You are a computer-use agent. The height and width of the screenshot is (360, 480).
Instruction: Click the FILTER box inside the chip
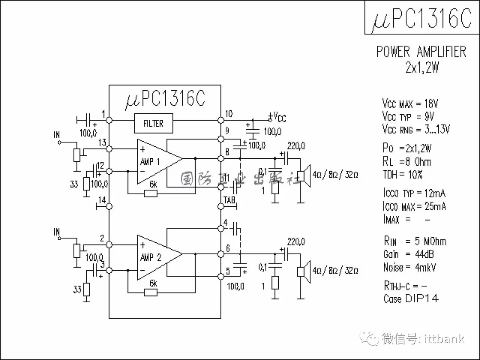(x=153, y=124)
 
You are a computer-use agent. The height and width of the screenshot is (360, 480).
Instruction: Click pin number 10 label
(x=228, y=113)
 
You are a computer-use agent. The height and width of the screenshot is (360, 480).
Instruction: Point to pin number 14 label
(x=102, y=200)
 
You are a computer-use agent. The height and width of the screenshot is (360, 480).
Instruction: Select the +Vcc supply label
(x=278, y=117)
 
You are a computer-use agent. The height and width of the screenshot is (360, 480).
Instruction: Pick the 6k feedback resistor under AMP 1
(x=151, y=193)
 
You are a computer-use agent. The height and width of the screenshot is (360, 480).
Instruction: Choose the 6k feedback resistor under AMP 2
(x=151, y=292)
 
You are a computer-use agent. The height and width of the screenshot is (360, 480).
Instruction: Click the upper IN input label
(x=56, y=135)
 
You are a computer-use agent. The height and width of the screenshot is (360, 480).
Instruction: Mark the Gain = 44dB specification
(x=408, y=254)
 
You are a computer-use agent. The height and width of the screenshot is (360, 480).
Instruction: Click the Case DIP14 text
(x=411, y=298)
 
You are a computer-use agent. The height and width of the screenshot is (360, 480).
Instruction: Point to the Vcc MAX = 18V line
(x=410, y=104)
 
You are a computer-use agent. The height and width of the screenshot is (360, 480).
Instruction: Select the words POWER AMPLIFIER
(x=421, y=52)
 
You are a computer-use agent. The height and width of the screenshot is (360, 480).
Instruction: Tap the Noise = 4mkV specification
(x=409, y=267)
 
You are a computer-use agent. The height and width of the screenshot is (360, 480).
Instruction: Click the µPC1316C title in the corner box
(x=421, y=18)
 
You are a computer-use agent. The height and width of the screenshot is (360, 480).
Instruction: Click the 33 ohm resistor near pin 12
(x=87, y=184)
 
